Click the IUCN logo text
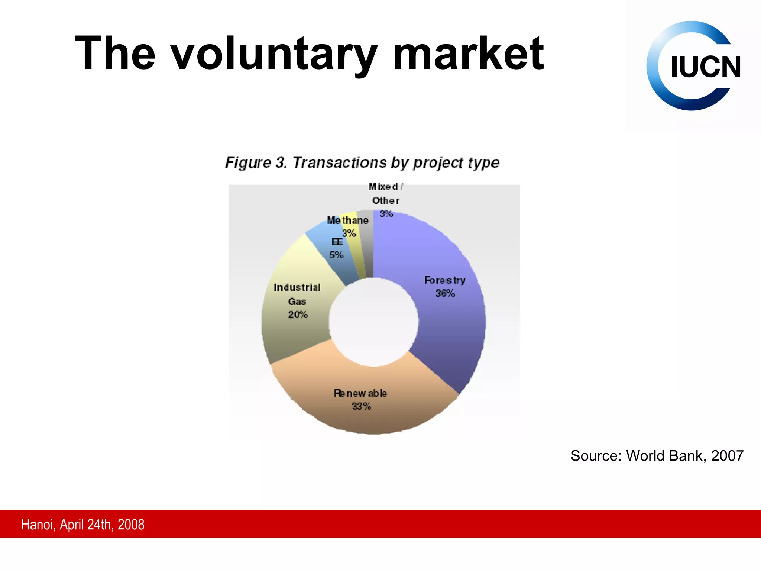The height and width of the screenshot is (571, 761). (x=705, y=67)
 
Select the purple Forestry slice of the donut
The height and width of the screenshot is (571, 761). (x=450, y=327)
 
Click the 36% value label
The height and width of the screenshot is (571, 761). (x=445, y=293)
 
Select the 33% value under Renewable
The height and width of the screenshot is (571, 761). (x=361, y=406)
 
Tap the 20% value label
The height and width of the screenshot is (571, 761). (x=298, y=315)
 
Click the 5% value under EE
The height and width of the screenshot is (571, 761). (x=336, y=255)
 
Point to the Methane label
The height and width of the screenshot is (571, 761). (x=347, y=220)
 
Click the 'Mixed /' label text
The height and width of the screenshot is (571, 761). (x=386, y=187)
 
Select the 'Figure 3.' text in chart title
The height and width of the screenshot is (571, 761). (x=256, y=162)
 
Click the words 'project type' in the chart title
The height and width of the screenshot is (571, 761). (x=456, y=163)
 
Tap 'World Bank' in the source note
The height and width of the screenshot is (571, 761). (x=665, y=456)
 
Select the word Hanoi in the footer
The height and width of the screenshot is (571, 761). (x=38, y=525)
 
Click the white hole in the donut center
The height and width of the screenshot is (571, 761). (x=373, y=322)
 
